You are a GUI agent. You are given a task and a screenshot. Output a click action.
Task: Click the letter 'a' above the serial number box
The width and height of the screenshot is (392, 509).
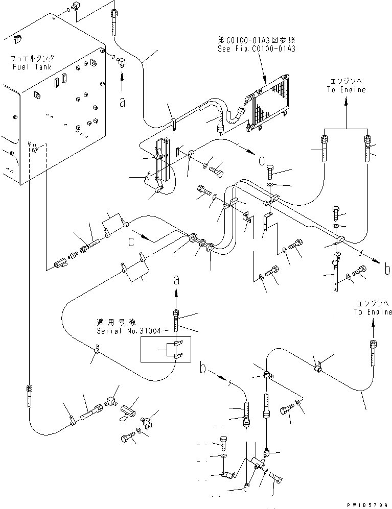tap(176, 279)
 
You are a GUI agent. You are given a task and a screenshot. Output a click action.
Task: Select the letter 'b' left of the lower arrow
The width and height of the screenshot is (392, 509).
tap(203, 368)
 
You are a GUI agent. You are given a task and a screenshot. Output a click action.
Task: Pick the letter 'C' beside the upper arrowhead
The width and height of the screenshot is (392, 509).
tap(261, 162)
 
